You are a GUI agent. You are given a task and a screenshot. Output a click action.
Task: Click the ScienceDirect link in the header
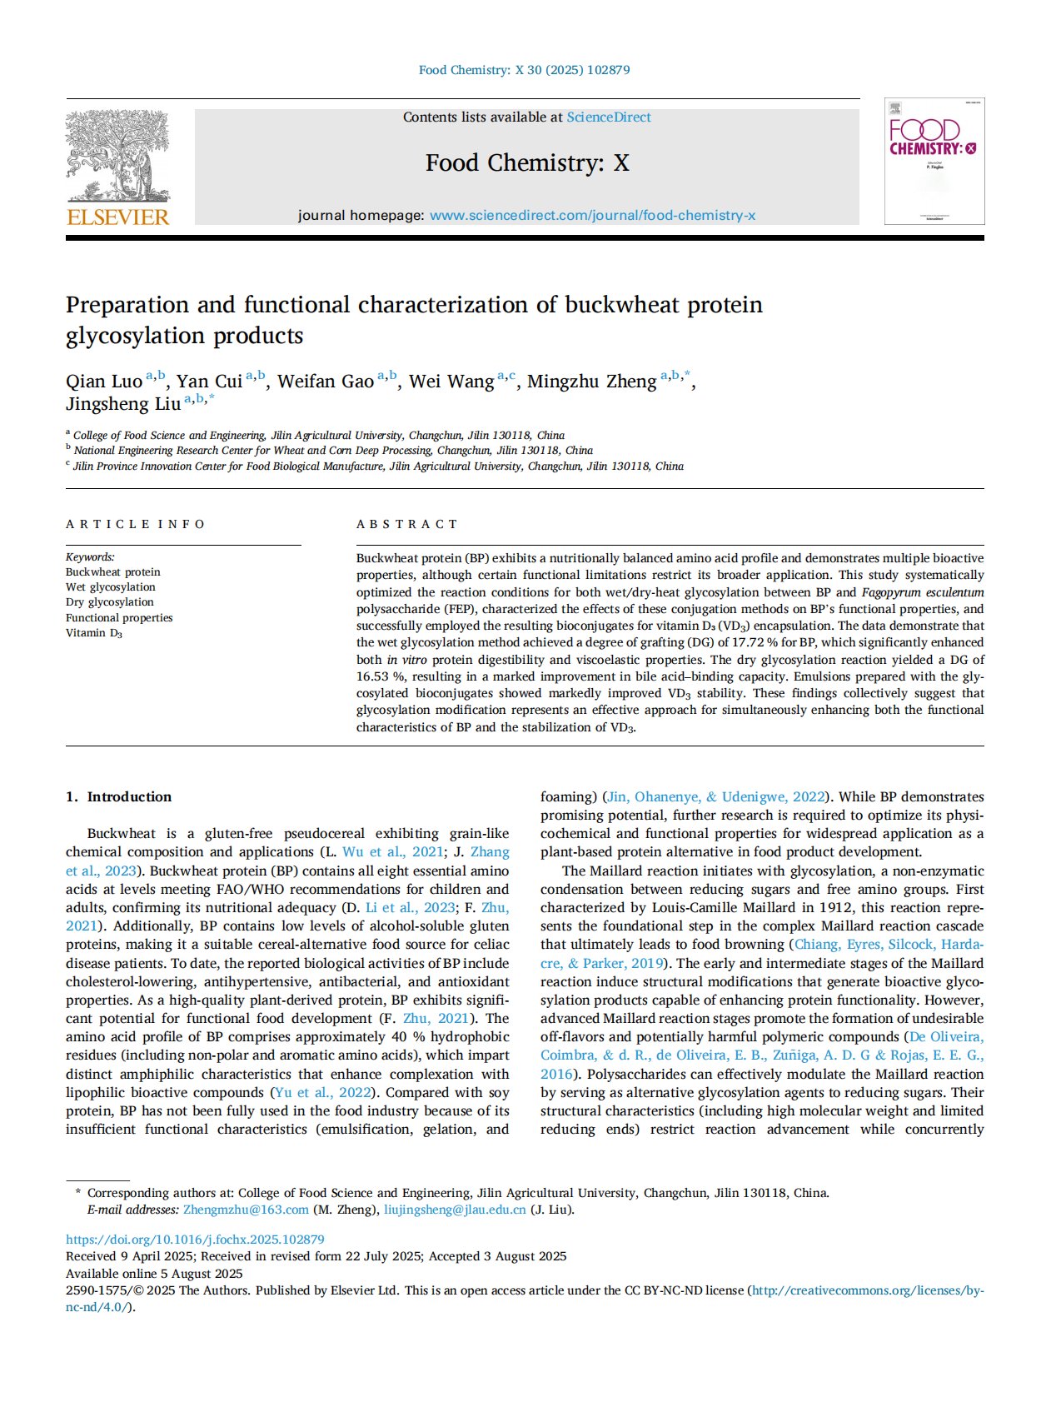609,117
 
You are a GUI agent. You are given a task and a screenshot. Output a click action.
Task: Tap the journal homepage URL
592,215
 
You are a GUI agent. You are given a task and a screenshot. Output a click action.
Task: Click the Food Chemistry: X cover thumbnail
934,161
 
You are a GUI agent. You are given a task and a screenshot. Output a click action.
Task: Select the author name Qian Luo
104,382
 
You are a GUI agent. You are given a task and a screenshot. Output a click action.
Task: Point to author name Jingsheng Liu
123,404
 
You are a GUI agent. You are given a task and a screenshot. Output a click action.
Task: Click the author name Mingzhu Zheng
591,382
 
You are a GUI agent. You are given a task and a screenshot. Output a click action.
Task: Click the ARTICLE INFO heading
136,524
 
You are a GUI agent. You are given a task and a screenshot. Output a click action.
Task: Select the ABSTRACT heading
407,524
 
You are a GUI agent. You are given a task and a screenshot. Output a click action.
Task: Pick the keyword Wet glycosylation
111,587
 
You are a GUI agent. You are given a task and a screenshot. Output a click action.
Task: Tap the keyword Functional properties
119,617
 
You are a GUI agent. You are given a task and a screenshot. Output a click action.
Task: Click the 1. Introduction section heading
118,796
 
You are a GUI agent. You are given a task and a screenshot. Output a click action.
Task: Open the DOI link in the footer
195,1240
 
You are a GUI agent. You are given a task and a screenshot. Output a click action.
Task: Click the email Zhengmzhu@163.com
246,1210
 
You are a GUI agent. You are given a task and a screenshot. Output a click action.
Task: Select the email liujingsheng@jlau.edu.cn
455,1210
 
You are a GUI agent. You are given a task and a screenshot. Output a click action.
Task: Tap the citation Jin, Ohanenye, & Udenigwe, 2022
717,796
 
